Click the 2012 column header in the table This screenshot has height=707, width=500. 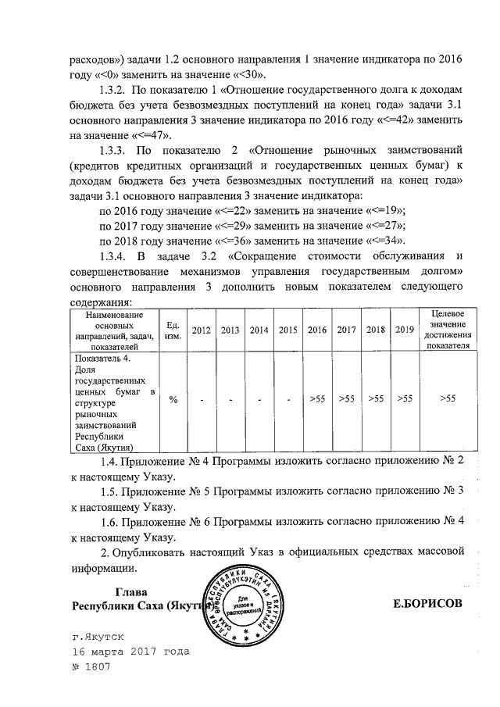pyautogui.click(x=202, y=330)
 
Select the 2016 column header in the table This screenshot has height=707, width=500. pyautogui.click(x=317, y=330)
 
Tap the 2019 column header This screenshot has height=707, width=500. pyautogui.click(x=404, y=330)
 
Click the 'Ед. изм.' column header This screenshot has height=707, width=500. pyautogui.click(x=173, y=330)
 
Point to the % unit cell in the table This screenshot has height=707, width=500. pyautogui.click(x=173, y=399)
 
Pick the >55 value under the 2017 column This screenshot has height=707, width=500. pyautogui.click(x=346, y=399)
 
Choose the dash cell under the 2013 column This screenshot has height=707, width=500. pyautogui.click(x=230, y=400)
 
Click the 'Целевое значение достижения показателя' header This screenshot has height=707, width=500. pyautogui.click(x=448, y=329)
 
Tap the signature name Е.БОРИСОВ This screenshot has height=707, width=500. pyautogui.click(x=429, y=604)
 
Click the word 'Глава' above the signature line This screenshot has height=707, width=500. pyautogui.click(x=131, y=591)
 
